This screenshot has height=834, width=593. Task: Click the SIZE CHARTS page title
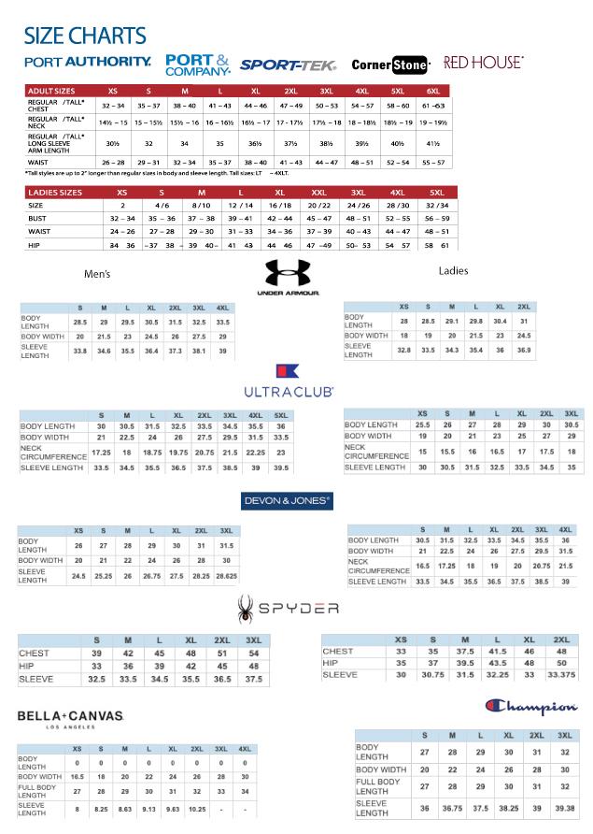pyautogui.click(x=85, y=36)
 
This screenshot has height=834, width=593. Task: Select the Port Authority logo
pyautogui.click(x=88, y=62)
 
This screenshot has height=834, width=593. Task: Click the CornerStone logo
pyautogui.click(x=390, y=65)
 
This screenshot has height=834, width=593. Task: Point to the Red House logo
pyautogui.click(x=483, y=62)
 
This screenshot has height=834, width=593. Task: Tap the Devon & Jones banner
pyautogui.click(x=288, y=500)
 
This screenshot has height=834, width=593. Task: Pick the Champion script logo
pyautogui.click(x=530, y=706)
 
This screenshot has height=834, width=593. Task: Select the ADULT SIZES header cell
pyautogui.click(x=52, y=91)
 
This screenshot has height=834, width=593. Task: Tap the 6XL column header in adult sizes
pyautogui.click(x=432, y=91)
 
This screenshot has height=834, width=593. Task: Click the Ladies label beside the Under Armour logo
pyautogui.click(x=453, y=270)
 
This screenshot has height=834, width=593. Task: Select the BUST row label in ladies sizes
pyautogui.click(x=36, y=218)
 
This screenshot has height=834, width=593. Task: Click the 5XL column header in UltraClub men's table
pyautogui.click(x=280, y=415)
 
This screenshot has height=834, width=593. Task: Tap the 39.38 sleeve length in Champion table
pyautogui.click(x=565, y=808)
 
